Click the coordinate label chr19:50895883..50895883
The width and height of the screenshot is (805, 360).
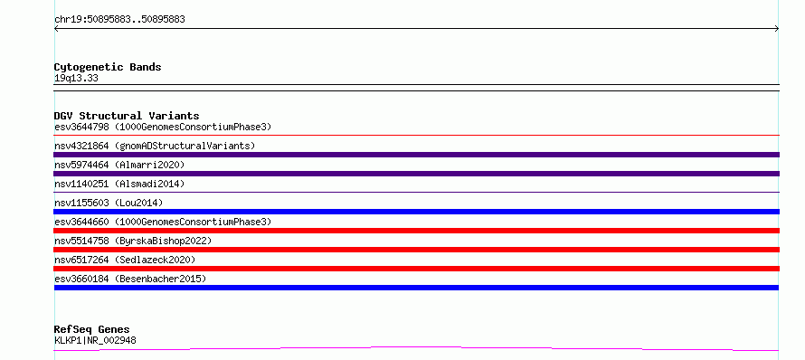pyautogui.click(x=119, y=20)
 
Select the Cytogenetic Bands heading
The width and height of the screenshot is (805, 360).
pyautogui.click(x=108, y=67)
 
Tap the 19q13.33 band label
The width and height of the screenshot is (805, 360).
pyautogui.click(x=76, y=79)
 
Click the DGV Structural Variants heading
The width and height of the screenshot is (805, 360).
pyautogui.click(x=127, y=116)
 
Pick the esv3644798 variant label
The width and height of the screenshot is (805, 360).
pyautogui.click(x=163, y=127)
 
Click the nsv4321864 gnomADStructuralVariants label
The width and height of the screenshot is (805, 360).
pyautogui.click(x=155, y=146)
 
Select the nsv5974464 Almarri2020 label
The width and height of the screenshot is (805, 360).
pyautogui.click(x=119, y=165)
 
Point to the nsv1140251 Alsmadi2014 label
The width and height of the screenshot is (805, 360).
pyautogui.click(x=119, y=184)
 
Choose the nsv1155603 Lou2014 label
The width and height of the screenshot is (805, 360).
pyautogui.click(x=109, y=203)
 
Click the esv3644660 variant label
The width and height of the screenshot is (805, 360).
pyautogui.click(x=163, y=222)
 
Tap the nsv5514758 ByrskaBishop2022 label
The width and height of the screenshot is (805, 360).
pyautogui.click(x=133, y=241)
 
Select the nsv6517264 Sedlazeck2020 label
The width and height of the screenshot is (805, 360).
pyautogui.click(x=125, y=260)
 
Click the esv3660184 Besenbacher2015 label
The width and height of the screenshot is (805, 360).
pyautogui.click(x=130, y=279)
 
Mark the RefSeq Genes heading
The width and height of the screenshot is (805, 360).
pyautogui.click(x=92, y=330)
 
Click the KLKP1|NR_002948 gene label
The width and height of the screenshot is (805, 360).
pyautogui.click(x=95, y=340)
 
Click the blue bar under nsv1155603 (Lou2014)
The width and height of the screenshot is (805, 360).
pyautogui.click(x=416, y=212)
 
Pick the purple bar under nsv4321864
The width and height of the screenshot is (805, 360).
pyautogui.click(x=416, y=155)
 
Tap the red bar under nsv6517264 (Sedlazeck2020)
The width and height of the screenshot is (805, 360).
pyautogui.click(x=416, y=269)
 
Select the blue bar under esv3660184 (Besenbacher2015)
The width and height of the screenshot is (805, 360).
pyautogui.click(x=416, y=288)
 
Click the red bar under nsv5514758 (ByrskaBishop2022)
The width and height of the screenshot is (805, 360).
pyautogui.click(x=416, y=250)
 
